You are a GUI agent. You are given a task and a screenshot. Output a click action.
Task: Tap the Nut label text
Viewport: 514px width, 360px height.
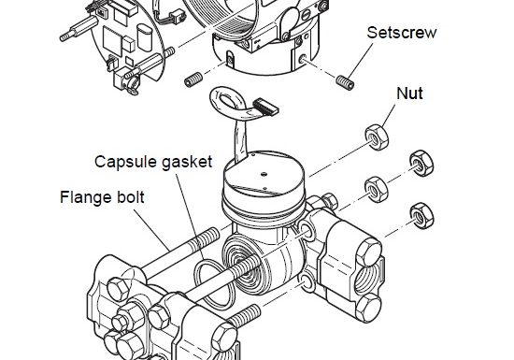click(410, 94)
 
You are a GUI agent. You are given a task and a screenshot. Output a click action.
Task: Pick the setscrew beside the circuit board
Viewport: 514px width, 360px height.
click(193, 80)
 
